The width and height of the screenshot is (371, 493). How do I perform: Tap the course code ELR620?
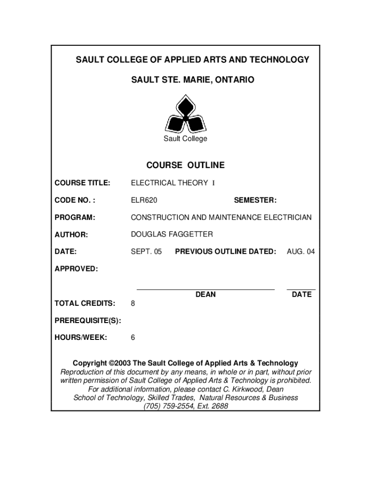coord(144,200)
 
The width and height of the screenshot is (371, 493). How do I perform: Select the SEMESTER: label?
coord(255,200)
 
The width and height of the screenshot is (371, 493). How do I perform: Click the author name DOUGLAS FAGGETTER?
coord(172,234)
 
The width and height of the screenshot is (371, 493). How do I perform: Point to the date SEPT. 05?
coord(146,251)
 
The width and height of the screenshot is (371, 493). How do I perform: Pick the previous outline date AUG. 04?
coord(301,251)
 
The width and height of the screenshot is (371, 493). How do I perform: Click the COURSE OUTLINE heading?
coord(185,165)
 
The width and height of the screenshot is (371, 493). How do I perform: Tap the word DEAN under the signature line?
coord(206,294)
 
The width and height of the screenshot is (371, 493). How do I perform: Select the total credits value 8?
coord(133,304)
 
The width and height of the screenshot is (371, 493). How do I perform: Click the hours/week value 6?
coord(133,337)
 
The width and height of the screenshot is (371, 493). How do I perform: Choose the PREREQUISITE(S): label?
coord(88,321)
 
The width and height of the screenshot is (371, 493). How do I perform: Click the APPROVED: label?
coord(76,269)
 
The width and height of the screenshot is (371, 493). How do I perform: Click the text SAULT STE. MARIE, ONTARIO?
coord(185,79)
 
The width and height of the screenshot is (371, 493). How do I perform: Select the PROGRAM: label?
coord(75,218)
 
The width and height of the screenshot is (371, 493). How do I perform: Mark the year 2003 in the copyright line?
coord(122,363)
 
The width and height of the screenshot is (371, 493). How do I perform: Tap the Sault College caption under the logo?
coord(185,139)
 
